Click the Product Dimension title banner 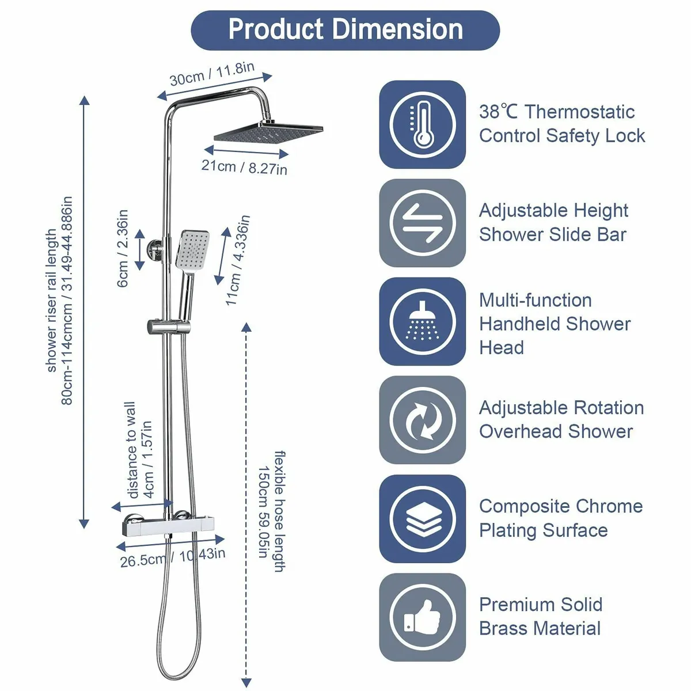tap(345, 30)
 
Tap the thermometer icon tap(422, 124)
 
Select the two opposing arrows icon tap(422, 223)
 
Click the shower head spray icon tap(422, 321)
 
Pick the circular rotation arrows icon tap(422, 420)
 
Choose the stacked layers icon tap(422, 519)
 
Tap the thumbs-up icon tap(422, 617)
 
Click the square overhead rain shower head tap(268, 132)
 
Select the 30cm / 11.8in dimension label tap(212, 74)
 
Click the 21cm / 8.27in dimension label tap(244, 167)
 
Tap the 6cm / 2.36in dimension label tap(122, 248)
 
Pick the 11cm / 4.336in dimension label tap(237, 260)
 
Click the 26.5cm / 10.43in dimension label tap(172, 557)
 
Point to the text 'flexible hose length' tap(279, 511)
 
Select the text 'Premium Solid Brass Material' tap(540, 617)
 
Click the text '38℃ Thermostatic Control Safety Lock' tap(561, 124)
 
